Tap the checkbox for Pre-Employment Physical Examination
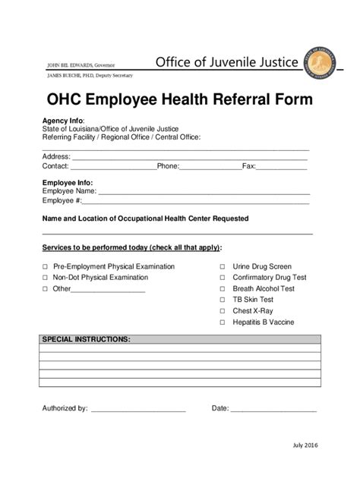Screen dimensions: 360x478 (45, 267)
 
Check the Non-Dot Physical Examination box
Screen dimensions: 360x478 (45, 278)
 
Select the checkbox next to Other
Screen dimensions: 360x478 (45, 289)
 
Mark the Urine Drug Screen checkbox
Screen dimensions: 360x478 (223, 267)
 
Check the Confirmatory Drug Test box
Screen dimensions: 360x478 (223, 278)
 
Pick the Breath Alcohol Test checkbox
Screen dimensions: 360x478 (223, 289)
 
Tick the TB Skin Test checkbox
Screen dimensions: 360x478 (223, 300)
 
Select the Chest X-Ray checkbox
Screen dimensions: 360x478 (223, 311)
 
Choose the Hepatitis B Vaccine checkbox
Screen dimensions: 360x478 (223, 322)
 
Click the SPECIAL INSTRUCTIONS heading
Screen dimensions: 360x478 (86, 338)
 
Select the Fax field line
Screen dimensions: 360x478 (282, 167)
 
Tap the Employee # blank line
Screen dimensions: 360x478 (195, 203)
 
